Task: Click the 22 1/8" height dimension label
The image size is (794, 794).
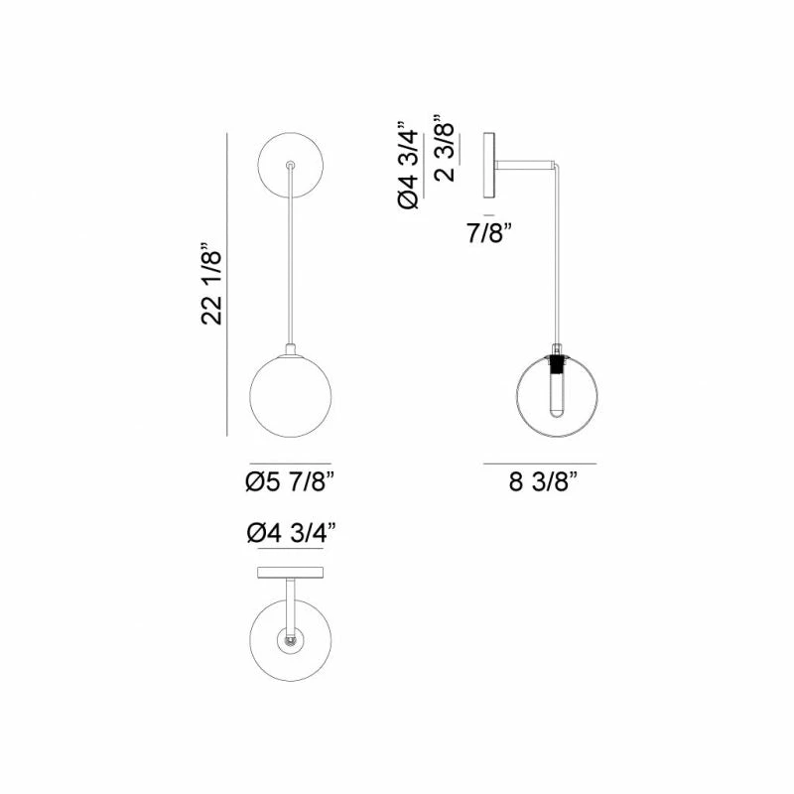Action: (210, 284)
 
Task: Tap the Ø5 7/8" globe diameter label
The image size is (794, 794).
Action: (290, 483)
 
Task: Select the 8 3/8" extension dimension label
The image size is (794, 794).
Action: (542, 484)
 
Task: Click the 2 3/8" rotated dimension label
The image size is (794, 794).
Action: (447, 151)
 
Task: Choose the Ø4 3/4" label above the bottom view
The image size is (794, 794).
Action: (290, 534)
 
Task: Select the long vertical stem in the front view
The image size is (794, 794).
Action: (290, 258)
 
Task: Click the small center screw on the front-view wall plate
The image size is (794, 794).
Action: (290, 165)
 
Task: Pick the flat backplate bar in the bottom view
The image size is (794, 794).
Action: (290, 572)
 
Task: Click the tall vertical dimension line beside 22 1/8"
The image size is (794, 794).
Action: (229, 284)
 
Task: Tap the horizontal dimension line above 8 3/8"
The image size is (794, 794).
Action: (540, 463)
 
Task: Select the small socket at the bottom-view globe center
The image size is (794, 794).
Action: (290, 642)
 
